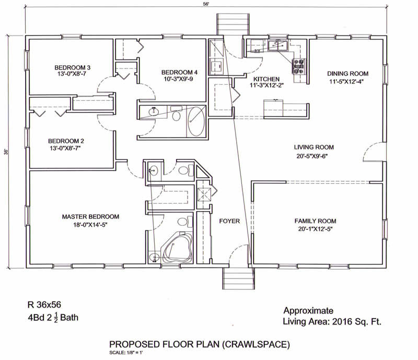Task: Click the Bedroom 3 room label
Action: pos(72,68)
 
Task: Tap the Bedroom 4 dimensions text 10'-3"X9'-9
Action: pos(178,79)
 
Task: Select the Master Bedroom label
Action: pos(90,216)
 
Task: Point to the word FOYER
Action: pos(229,221)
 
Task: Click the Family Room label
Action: pos(315,221)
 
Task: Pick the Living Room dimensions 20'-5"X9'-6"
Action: pos(312,156)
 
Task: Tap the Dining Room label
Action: pos(347,74)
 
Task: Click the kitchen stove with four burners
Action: pos(298,66)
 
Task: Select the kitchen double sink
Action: pos(277,45)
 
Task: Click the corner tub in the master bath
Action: pos(177,249)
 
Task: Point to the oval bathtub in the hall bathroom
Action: pos(196,122)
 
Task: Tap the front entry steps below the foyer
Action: pos(238,278)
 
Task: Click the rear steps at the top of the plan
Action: pos(233,24)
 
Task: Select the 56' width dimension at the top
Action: pos(206,4)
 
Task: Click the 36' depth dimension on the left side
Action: pos(6,152)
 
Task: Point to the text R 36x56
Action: pos(44,305)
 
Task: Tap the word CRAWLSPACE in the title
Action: pos(256,344)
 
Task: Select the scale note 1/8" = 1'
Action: pos(134,353)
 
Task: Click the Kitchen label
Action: pos(266,79)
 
